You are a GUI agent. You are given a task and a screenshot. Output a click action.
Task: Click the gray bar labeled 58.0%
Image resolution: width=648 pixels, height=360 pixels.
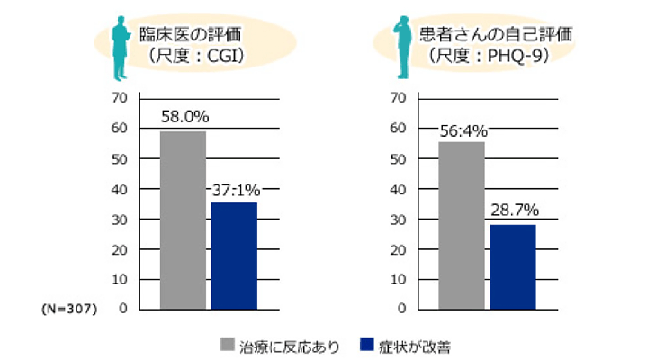184,220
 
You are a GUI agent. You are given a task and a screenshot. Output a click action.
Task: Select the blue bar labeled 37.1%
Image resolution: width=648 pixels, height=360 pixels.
234,256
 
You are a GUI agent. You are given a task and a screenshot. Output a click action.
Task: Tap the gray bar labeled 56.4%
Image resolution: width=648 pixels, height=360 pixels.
463,225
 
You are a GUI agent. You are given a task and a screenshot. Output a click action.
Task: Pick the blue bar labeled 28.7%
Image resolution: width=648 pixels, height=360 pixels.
513,266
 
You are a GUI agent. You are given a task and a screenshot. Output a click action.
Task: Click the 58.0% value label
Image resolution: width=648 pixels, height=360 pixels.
184,117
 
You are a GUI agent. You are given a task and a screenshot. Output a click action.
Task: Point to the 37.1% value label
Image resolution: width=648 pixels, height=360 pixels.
236,190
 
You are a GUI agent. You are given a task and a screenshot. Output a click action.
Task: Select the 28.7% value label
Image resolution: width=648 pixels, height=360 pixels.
515,211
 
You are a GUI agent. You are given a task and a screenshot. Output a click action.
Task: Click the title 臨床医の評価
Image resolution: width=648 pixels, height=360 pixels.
190,39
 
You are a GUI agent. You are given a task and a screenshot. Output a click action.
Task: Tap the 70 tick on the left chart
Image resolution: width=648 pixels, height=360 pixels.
120,96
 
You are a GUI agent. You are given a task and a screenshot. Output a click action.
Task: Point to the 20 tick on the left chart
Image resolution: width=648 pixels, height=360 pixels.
120,249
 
